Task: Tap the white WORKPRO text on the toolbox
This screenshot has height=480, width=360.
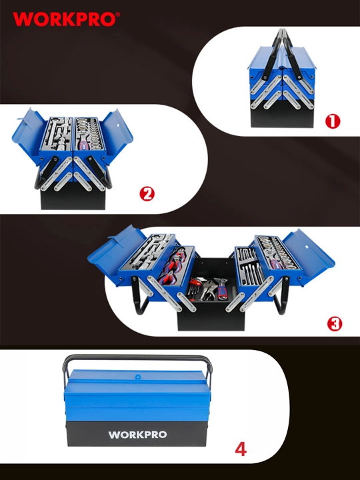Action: [137, 435]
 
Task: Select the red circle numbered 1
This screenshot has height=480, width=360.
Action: [333, 121]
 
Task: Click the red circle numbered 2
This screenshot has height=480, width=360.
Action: [147, 194]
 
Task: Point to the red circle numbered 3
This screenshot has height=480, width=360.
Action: [334, 323]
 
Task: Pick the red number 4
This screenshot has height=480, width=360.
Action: [241, 449]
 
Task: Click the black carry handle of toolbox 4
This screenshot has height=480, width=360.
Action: [137, 358]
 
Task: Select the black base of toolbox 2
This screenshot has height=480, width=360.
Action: [73, 197]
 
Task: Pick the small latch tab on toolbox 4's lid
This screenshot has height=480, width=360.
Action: [138, 377]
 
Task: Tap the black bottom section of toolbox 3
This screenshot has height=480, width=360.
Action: [211, 319]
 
